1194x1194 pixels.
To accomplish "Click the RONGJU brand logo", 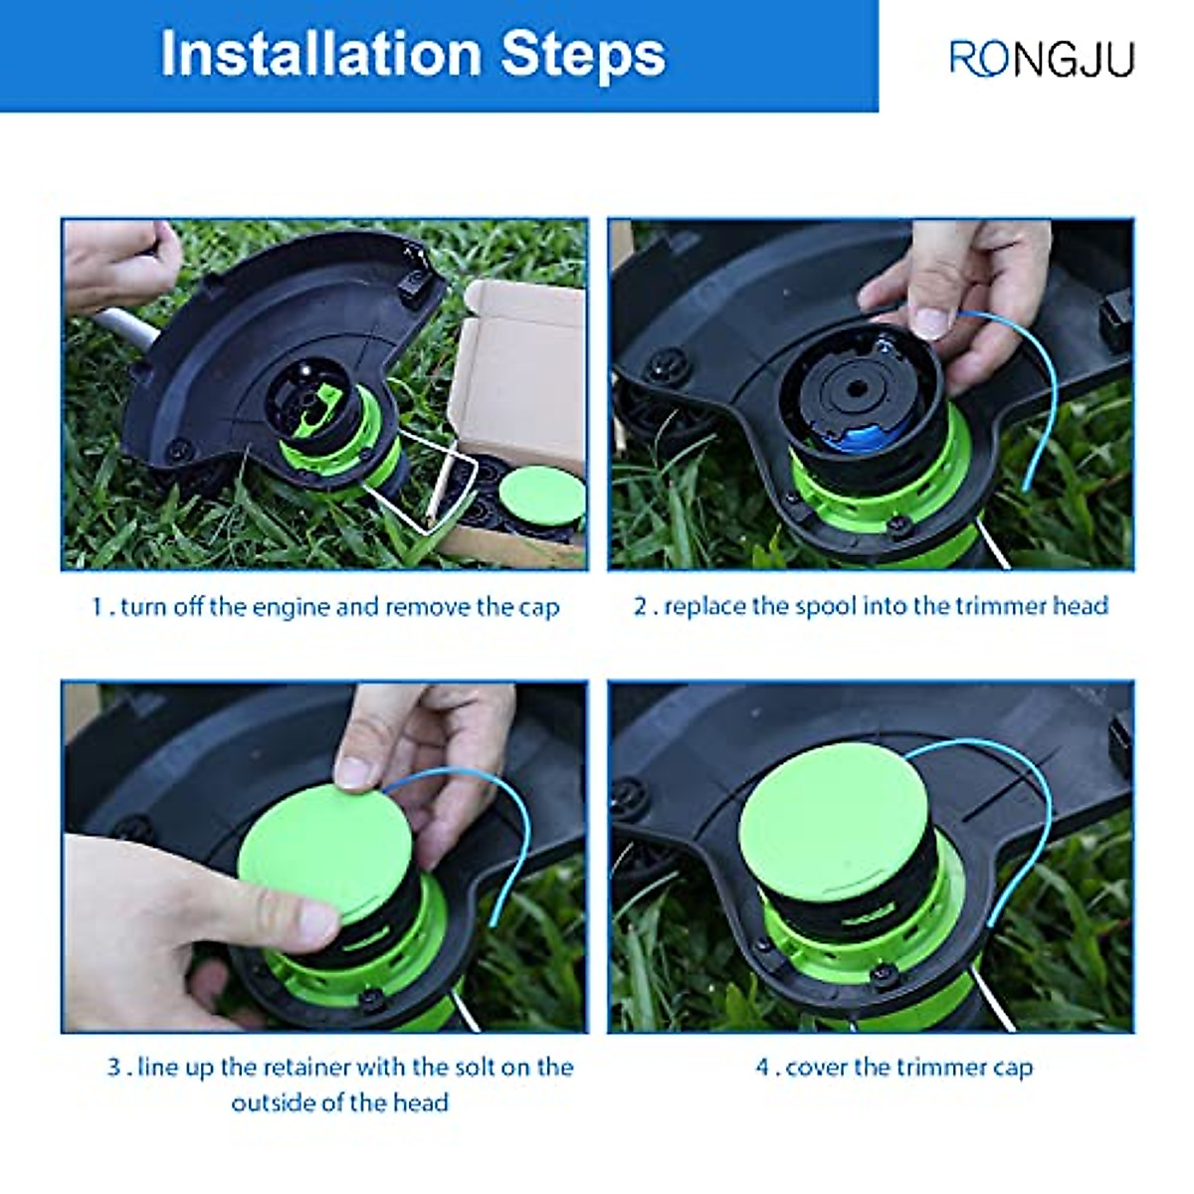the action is point(1042,59).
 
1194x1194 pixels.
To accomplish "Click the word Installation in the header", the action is point(321,54).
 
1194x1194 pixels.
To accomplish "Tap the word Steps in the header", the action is point(583,57).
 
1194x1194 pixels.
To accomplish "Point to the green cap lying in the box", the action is point(542,497).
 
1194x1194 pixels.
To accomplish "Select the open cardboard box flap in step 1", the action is point(519,372).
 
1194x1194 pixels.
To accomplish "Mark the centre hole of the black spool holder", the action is point(857,388).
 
